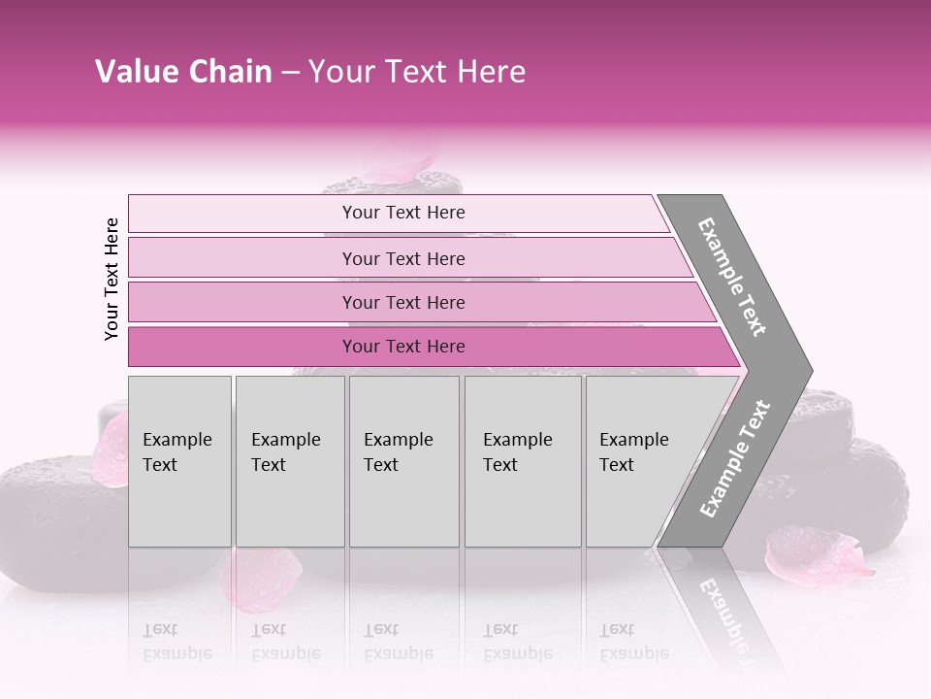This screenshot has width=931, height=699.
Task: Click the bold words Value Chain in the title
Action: tap(183, 72)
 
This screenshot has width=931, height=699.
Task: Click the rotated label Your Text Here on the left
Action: tap(112, 279)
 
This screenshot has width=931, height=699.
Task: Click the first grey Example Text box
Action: tap(179, 461)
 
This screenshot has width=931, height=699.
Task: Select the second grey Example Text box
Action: tap(290, 461)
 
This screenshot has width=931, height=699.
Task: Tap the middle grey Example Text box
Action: tap(403, 461)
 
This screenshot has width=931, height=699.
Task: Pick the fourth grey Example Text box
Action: tap(523, 461)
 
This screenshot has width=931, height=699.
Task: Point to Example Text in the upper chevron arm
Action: tap(733, 277)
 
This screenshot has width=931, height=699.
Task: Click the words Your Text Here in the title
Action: tap(417, 72)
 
